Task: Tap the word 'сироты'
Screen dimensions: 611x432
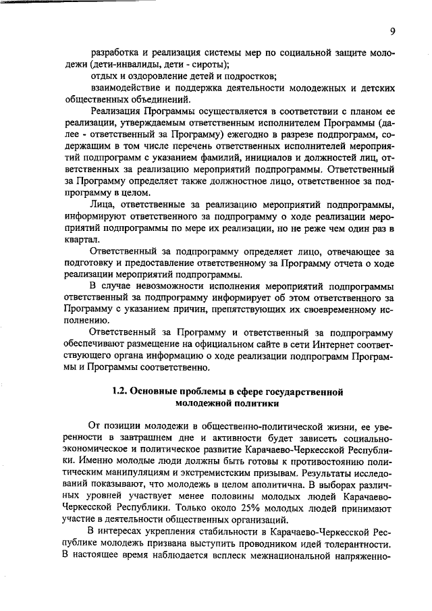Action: coord(207,65)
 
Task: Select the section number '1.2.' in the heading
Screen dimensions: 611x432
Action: coord(119,392)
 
